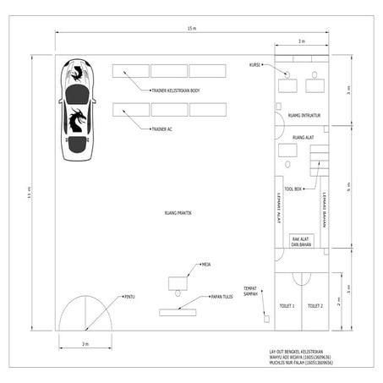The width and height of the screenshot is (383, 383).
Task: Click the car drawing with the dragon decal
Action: click(x=77, y=110)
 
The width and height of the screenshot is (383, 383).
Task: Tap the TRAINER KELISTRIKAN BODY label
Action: click(x=175, y=90)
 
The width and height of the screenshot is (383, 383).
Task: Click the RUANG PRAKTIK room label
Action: click(x=178, y=213)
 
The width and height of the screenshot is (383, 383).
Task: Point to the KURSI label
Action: click(x=254, y=64)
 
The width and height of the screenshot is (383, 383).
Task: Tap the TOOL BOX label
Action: click(x=293, y=189)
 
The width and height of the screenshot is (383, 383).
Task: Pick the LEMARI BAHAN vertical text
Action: click(x=324, y=209)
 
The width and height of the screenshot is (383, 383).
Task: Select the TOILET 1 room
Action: click(x=287, y=305)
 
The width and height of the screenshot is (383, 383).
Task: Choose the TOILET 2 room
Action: click(x=315, y=305)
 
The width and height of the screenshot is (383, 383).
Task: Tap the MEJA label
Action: click(x=205, y=265)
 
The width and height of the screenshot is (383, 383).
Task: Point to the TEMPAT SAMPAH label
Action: click(x=250, y=289)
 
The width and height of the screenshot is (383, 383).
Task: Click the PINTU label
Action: click(x=129, y=296)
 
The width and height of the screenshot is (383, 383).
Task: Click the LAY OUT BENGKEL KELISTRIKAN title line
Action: click(x=298, y=350)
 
